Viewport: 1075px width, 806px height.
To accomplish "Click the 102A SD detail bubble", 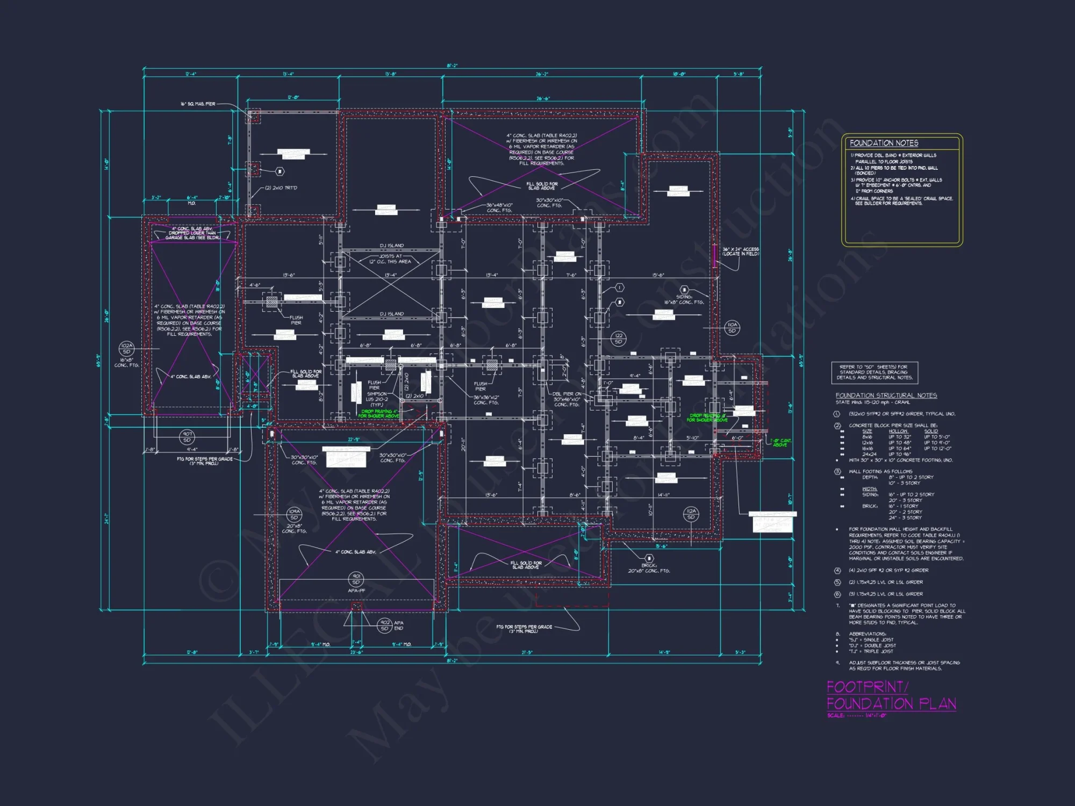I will [x=126, y=349].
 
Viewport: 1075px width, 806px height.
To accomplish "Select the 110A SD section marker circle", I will [x=732, y=328].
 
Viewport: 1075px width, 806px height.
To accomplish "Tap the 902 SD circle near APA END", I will [x=385, y=625].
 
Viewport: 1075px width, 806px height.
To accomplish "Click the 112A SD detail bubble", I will [x=691, y=514].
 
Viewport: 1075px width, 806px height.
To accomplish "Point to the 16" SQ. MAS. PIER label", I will [x=198, y=104].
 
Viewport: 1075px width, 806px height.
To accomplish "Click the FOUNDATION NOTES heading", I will [x=884, y=143].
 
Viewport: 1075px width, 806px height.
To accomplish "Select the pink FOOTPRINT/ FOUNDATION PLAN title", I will [x=891, y=696].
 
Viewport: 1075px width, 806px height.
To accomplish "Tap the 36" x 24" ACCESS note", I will [x=740, y=251].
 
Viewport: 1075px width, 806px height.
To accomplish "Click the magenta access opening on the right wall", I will [x=714, y=256].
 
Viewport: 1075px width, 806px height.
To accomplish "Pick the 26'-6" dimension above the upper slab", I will [x=543, y=99].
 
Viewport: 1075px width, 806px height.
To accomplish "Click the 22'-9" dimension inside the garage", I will [x=353, y=440].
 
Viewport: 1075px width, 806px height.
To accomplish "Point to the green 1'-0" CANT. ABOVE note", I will [x=780, y=443].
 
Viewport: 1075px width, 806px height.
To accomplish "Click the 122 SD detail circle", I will [x=619, y=339].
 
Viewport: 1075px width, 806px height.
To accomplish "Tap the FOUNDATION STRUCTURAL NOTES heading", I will [x=886, y=395].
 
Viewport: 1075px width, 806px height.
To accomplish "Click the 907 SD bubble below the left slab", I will [x=187, y=437].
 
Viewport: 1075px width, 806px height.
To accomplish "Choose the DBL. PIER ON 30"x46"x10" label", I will [x=567, y=399].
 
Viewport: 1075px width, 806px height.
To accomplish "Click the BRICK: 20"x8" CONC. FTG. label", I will [x=649, y=568].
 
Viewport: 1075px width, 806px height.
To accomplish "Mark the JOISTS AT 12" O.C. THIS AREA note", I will [x=390, y=259].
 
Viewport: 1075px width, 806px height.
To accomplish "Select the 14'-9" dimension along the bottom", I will [x=664, y=653].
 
